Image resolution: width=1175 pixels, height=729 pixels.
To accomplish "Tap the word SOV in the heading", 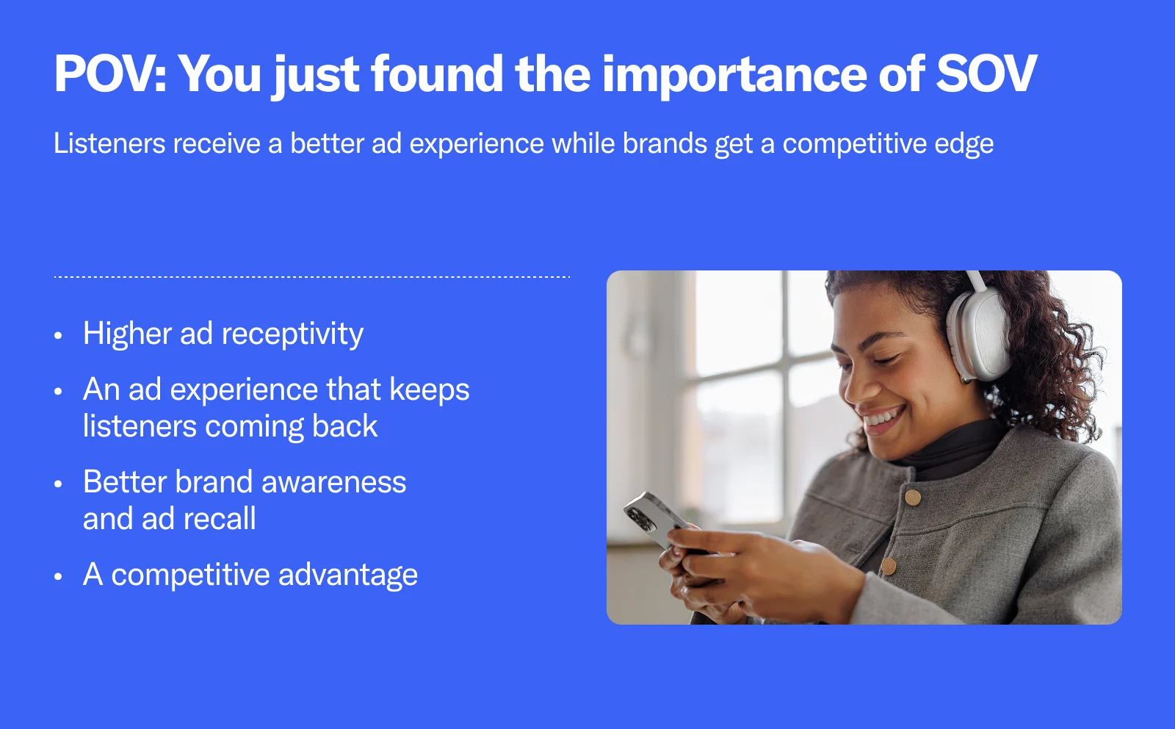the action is [987, 74].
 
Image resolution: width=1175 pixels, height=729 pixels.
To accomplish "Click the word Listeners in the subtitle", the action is [109, 143].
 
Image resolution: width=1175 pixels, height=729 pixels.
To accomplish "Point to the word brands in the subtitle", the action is [665, 143].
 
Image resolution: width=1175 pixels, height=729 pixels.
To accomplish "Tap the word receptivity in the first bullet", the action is [292, 335].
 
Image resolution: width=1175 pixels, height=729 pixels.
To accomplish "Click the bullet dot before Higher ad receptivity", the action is [58, 335].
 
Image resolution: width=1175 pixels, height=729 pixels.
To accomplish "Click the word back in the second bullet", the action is [344, 425].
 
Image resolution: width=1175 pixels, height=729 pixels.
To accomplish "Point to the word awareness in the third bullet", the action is [333, 483].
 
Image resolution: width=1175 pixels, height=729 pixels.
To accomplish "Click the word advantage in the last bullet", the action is [348, 575].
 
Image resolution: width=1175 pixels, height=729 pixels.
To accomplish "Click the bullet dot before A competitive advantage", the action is [58, 576].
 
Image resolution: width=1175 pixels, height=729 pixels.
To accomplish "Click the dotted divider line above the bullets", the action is [312, 276].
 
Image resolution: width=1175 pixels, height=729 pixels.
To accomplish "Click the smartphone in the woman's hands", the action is [657, 520].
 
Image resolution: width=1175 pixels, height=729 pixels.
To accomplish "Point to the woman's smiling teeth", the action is [882, 417].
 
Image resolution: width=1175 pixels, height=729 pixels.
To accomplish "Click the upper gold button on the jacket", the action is [913, 497].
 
